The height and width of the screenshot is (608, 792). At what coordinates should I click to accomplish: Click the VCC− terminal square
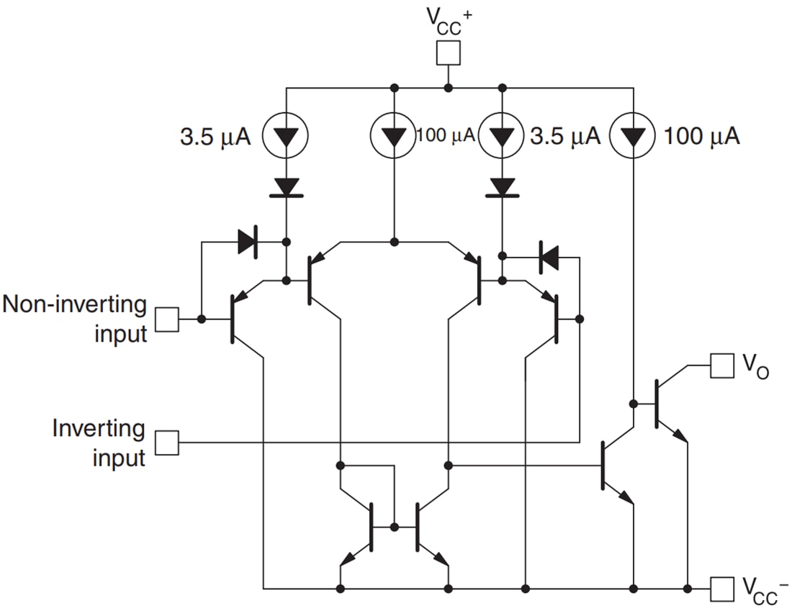[722, 589]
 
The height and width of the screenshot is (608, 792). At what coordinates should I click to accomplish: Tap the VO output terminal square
[722, 366]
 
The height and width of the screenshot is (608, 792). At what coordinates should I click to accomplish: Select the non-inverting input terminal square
[168, 319]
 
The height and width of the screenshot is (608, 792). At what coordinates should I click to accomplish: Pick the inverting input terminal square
[168, 442]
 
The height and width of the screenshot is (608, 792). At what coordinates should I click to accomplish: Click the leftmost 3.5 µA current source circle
[287, 135]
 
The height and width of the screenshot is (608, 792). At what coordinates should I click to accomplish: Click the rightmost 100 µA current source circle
[633, 135]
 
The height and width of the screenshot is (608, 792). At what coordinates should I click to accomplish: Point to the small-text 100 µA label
[446, 135]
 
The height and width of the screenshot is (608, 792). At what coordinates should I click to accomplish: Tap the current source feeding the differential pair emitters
[394, 135]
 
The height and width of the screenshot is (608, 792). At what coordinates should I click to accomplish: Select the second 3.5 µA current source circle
[503, 135]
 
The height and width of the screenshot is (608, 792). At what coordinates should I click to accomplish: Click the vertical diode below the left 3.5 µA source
[287, 186]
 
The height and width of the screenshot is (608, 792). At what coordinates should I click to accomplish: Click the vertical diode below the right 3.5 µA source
[503, 186]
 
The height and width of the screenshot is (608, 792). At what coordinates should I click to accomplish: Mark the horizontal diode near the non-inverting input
[247, 242]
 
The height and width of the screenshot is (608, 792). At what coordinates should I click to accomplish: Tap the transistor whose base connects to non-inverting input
[241, 319]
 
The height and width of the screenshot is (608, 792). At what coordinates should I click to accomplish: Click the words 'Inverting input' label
[99, 443]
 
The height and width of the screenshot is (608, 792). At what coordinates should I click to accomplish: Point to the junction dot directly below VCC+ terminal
[449, 88]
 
